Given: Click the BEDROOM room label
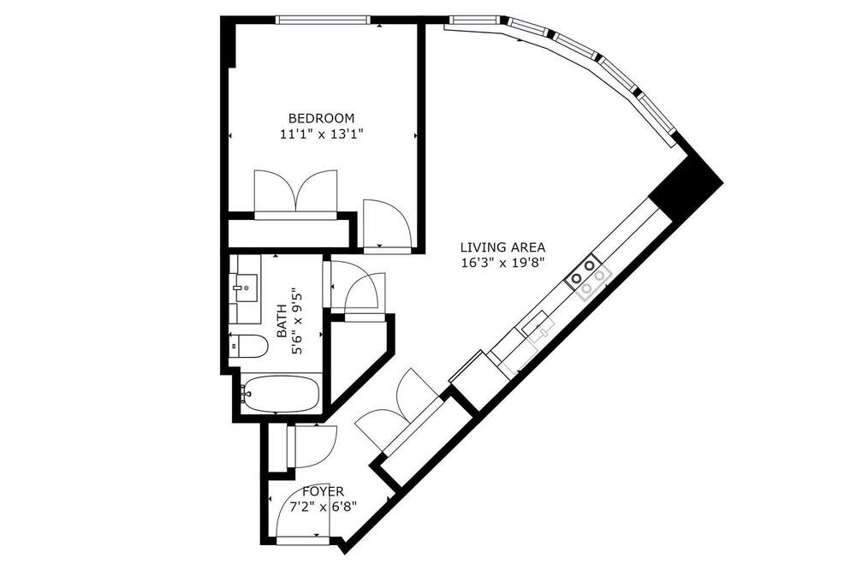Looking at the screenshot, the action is click(322, 118).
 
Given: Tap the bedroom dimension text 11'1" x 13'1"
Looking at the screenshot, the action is click(322, 134).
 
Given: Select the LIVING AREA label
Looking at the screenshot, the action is click(502, 247).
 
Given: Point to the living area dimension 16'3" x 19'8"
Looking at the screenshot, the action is click(502, 263).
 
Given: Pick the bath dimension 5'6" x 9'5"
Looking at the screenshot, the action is click(297, 321).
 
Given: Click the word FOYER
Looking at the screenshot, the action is click(324, 491).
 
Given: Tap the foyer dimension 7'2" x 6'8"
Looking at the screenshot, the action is click(324, 507).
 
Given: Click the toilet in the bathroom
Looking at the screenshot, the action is click(249, 346).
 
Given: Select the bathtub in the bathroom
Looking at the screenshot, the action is click(281, 394).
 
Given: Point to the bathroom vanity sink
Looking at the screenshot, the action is click(245, 288).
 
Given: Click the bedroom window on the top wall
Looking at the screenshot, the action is click(322, 21).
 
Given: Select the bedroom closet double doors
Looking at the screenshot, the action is click(295, 194).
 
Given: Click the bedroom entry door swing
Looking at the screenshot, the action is click(385, 224).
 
